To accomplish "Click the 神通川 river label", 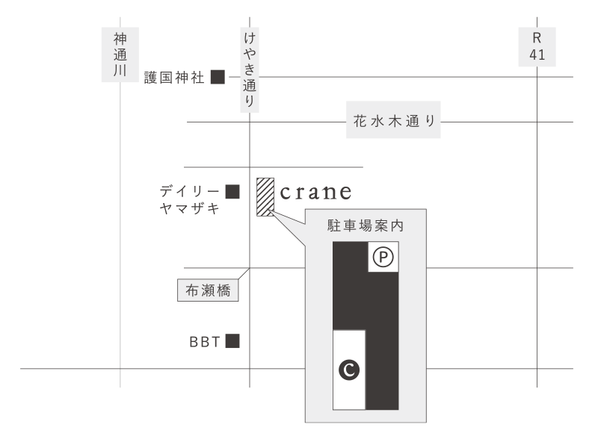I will click(120, 55).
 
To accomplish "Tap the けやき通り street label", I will click(250, 70).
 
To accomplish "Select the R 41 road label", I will click(537, 47).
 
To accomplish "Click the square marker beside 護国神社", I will click(218, 77).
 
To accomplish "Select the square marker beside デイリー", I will click(232, 193).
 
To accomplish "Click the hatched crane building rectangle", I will click(265, 197).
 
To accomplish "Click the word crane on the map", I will click(315, 193).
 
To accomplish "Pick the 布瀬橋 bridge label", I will click(208, 290).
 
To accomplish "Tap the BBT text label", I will click(204, 343).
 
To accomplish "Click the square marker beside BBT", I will click(232, 342).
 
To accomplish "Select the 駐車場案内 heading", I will click(366, 225).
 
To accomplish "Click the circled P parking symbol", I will click(383, 258).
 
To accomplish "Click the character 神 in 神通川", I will click(120, 38).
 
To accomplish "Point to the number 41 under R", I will click(537, 55).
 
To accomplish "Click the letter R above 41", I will click(537, 38).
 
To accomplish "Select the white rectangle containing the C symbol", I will click(348, 369).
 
